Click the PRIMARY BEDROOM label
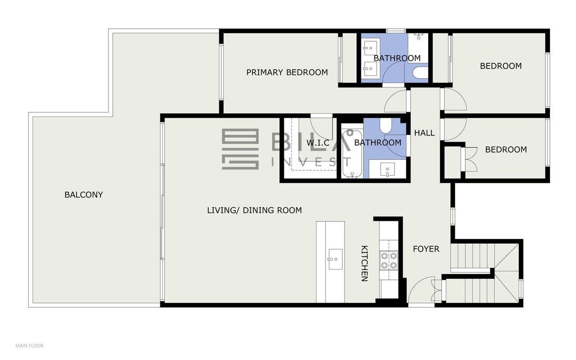click(287, 72)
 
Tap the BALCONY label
click(84, 195)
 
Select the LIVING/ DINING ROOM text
click(254, 210)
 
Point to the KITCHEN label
click(365, 264)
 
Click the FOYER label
click(426, 249)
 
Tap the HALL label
click(424, 133)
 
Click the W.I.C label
click(318, 143)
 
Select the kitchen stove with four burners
click(389, 261)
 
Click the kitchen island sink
click(336, 259)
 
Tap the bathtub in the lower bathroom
click(352, 154)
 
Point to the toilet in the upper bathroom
click(420, 72)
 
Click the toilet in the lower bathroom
click(385, 126)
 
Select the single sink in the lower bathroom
click(387, 169)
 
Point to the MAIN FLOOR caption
click(29, 346)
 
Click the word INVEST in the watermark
click(312, 162)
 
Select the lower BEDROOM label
click(506, 150)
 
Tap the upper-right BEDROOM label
click(501, 66)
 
